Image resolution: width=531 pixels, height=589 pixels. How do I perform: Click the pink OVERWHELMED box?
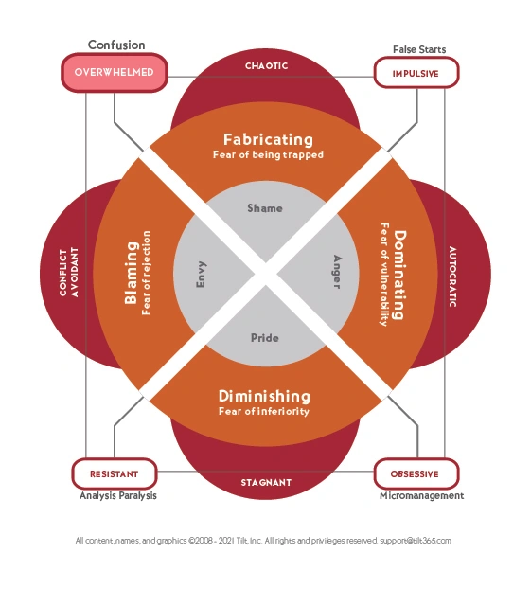pyautogui.click(x=115, y=73)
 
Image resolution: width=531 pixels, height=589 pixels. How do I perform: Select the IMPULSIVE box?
pyautogui.click(x=416, y=73)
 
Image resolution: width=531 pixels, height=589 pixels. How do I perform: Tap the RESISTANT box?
pyautogui.click(x=115, y=473)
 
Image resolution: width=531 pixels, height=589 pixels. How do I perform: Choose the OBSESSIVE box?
pyautogui.click(x=416, y=473)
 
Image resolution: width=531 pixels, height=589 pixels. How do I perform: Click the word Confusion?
pyautogui.click(x=116, y=45)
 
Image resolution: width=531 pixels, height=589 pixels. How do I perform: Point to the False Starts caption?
pyautogui.click(x=419, y=49)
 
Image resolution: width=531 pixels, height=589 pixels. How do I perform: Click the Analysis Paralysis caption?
pyautogui.click(x=118, y=496)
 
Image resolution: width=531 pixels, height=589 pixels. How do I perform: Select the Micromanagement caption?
pyautogui.click(x=422, y=496)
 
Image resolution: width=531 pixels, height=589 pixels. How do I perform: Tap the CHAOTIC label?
pyautogui.click(x=267, y=66)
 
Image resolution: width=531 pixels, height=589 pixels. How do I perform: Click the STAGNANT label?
pyautogui.click(x=266, y=482)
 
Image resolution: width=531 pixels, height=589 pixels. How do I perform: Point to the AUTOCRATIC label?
pyautogui.click(x=452, y=277)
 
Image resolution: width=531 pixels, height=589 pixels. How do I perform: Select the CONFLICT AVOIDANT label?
pyautogui.click(x=69, y=273)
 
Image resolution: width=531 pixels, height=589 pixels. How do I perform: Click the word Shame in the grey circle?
pyautogui.click(x=265, y=208)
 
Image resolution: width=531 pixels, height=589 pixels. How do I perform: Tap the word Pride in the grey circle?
pyautogui.click(x=265, y=338)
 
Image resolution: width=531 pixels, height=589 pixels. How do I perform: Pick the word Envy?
pyautogui.click(x=202, y=275)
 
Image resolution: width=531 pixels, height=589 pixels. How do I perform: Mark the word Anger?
pyautogui.click(x=337, y=272)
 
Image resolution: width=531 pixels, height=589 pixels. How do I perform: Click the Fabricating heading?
pyautogui.click(x=268, y=139)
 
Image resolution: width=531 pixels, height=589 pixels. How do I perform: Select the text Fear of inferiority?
pyautogui.click(x=264, y=411)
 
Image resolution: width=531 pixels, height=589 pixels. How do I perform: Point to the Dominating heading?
pyautogui.click(x=399, y=275)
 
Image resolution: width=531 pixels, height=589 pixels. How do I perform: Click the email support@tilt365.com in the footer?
pyautogui.click(x=416, y=541)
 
